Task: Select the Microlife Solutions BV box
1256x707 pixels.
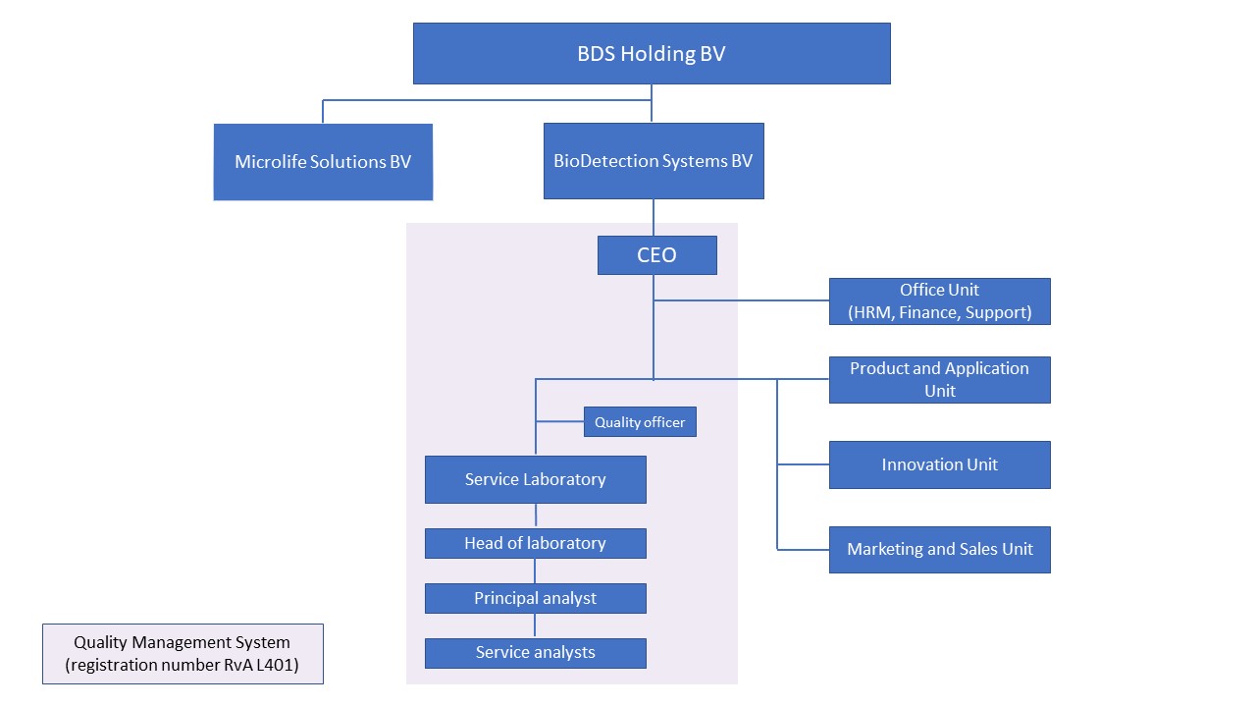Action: (323, 162)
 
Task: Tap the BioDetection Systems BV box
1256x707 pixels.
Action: (654, 161)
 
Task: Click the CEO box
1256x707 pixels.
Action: (656, 255)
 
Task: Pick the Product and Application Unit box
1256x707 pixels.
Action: (939, 380)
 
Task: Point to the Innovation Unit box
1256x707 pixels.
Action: (939, 464)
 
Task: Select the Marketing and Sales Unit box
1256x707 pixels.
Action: (939, 549)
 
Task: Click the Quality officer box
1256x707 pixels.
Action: (640, 422)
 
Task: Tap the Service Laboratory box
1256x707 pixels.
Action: (535, 479)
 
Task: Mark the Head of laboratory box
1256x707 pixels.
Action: (535, 543)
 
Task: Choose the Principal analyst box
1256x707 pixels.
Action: (535, 598)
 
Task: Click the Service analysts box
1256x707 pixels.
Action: (535, 653)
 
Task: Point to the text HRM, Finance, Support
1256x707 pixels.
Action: (939, 312)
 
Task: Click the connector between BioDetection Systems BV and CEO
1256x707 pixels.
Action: (654, 218)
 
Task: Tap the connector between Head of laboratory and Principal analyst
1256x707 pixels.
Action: (535, 571)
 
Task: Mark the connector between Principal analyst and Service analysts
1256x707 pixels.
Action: (535, 625)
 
